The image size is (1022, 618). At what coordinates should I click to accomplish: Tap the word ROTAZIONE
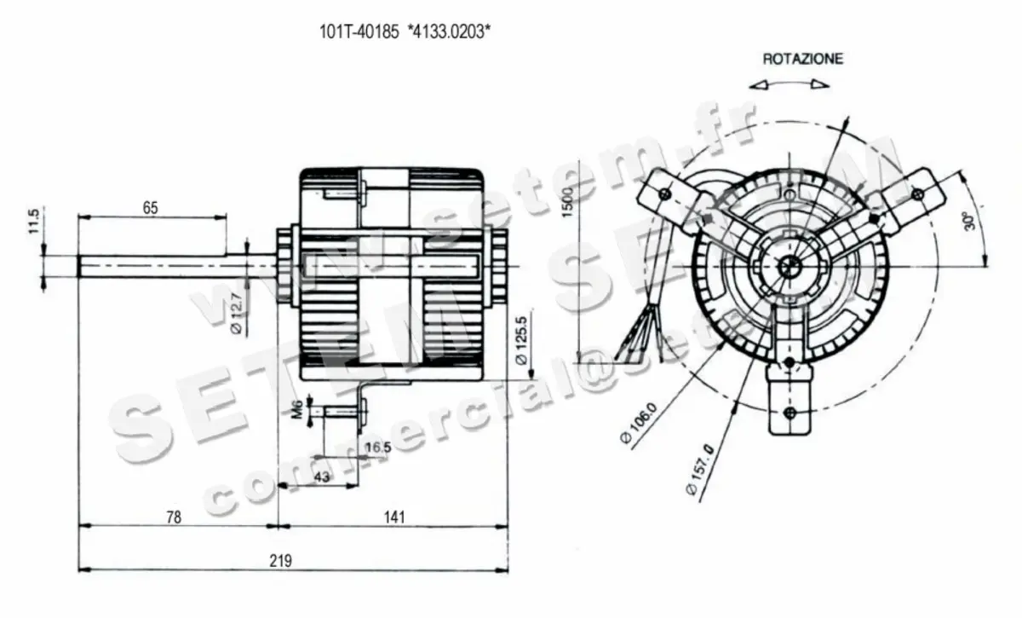(x=802, y=59)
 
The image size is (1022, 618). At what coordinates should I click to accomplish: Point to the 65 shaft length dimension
(x=150, y=207)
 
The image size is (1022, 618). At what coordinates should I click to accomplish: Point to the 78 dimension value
(x=174, y=517)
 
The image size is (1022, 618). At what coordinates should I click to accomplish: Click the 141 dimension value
(x=394, y=517)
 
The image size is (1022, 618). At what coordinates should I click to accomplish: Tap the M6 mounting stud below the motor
(x=337, y=411)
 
